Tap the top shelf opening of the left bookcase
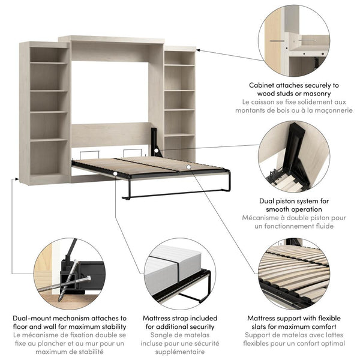click(x=49, y=55)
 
